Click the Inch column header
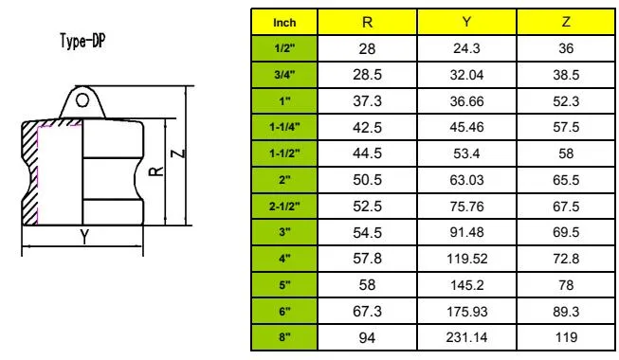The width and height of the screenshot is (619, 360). pos(283,21)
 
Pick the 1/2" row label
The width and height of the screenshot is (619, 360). pos(283,46)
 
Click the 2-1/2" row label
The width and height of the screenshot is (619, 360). pos(283,204)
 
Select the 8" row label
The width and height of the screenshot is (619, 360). pos(283,335)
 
